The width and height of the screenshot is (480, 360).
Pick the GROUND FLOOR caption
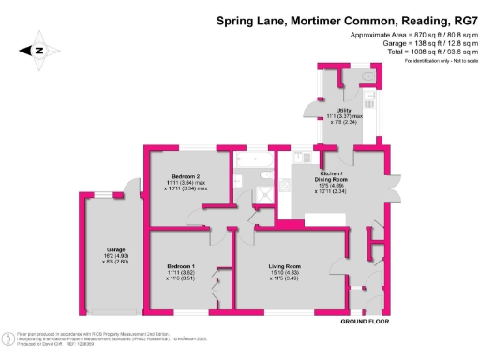[x=366, y=322]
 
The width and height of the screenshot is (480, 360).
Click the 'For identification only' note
[x=432, y=60]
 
